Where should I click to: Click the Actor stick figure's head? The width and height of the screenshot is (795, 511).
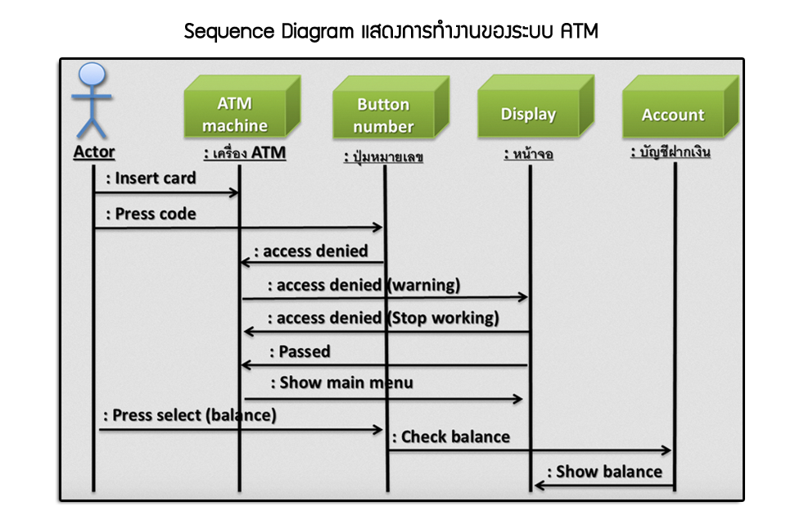pos(93,74)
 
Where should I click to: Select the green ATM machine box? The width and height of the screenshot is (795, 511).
pos(242,106)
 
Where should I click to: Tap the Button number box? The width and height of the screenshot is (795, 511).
pos(391,107)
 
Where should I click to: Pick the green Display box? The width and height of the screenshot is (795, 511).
pos(536,106)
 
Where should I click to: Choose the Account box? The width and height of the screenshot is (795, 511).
pos(681,106)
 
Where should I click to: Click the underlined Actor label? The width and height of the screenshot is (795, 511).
pos(94,151)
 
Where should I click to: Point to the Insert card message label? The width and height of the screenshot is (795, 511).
pos(151,178)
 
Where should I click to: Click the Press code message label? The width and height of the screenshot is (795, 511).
pos(151,214)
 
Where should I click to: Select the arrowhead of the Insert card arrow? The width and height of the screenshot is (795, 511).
pos(234,192)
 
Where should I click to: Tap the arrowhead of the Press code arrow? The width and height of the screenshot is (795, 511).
pos(377,227)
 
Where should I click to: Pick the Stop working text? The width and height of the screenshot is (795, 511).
pos(443,318)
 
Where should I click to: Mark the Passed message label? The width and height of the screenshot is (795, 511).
pos(300,351)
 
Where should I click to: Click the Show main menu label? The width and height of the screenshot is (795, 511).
pos(341,382)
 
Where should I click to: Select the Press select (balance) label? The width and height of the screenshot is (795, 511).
pos(190,415)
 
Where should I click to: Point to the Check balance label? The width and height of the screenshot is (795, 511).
pos(451,436)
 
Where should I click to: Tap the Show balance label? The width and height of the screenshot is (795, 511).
pos(604,472)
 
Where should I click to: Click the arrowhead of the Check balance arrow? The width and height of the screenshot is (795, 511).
pos(666,450)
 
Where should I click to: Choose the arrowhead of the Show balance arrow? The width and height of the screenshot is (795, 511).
pos(540,485)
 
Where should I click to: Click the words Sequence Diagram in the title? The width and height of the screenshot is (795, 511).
pos(269,31)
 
